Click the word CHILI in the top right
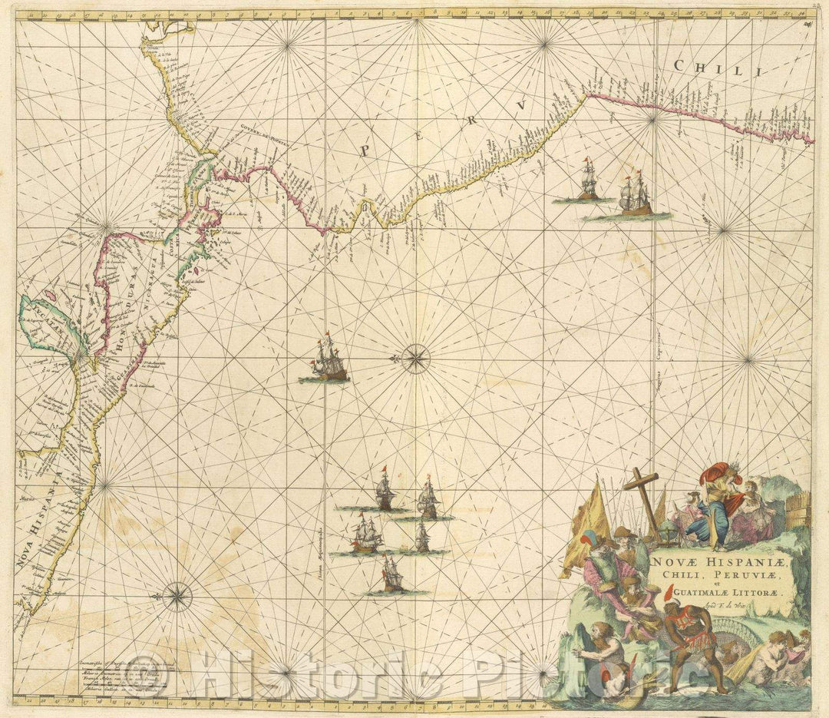(707, 69)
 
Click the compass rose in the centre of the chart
(415, 358)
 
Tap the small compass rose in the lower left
(177, 595)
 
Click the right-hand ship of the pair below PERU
(635, 196)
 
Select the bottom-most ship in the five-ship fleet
(392, 576)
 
